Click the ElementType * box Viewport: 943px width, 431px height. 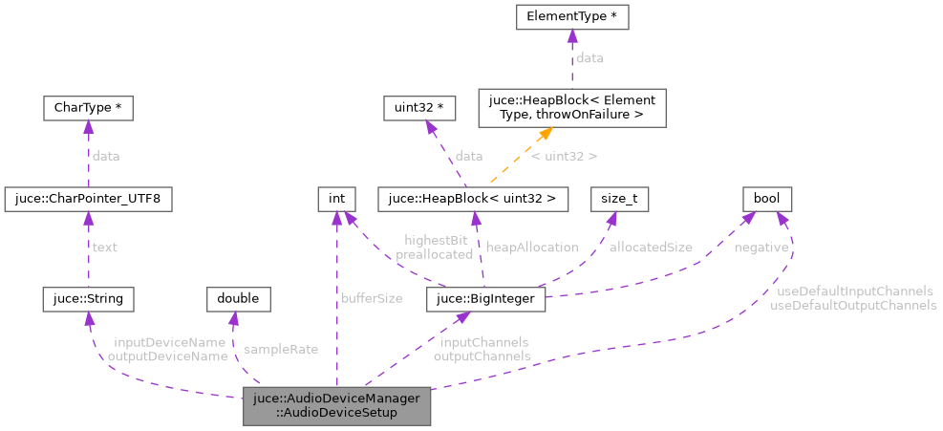571,17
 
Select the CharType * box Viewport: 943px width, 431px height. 87,108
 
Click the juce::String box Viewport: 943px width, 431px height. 88,299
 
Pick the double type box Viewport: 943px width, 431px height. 238,299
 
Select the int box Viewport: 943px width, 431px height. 336,199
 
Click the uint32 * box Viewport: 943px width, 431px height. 414,108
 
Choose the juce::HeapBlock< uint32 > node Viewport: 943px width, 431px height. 474,199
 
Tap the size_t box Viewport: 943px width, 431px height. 620,199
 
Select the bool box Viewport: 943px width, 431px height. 767,199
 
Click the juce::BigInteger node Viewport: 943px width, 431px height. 486,299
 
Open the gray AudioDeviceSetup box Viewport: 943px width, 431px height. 337,406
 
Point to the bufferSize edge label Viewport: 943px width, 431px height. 372,299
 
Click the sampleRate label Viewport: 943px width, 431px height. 281,350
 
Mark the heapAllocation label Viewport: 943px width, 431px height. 532,248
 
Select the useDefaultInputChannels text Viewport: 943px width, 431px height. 854,291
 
